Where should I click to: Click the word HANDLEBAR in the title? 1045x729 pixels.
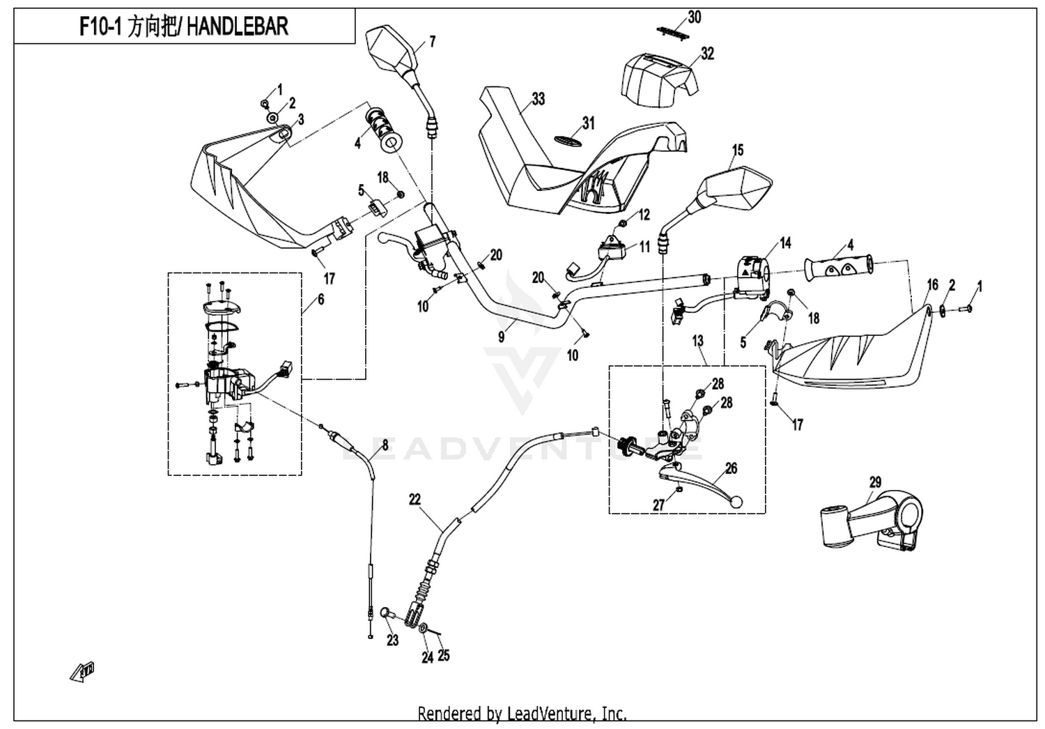click(x=238, y=26)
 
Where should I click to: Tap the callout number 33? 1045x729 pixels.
click(x=538, y=99)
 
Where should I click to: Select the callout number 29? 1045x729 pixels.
click(x=875, y=482)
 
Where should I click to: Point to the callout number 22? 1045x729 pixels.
click(x=415, y=500)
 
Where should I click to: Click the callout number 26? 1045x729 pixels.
click(x=731, y=468)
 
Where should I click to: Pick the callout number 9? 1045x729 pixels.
click(x=501, y=337)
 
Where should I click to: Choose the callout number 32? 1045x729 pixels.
click(x=707, y=54)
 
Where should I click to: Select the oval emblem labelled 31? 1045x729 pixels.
click(x=568, y=141)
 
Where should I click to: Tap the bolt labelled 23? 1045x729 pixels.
click(x=387, y=613)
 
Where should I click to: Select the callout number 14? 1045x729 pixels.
click(x=785, y=243)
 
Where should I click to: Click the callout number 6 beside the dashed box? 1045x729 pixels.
click(x=321, y=299)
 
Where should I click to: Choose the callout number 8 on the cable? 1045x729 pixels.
click(x=385, y=445)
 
